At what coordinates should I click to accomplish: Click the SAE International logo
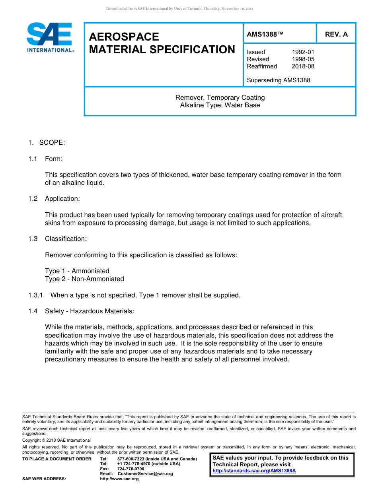[50, 38]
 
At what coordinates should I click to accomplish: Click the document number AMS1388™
[265, 34]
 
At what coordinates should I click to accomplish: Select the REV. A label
[336, 34]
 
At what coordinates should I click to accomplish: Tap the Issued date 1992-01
[303, 52]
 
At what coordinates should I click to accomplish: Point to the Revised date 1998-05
[303, 59]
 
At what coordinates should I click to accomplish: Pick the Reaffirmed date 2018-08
[303, 66]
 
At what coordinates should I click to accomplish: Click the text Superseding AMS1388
[279, 80]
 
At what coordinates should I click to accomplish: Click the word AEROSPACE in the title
[124, 37]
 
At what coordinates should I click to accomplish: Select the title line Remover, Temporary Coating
[220, 97]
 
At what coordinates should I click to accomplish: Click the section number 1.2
[33, 199]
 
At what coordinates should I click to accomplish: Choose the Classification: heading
[66, 239]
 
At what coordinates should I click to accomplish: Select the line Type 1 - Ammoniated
[77, 271]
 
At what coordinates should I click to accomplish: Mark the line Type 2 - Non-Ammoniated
[84, 279]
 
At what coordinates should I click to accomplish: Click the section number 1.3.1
[35, 295]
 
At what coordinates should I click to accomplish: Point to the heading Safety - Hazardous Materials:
[90, 311]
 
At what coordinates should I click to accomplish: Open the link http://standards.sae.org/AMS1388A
[254, 471]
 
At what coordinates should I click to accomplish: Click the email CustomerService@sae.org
[145, 474]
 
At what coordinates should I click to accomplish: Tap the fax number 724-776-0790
[131, 469]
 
